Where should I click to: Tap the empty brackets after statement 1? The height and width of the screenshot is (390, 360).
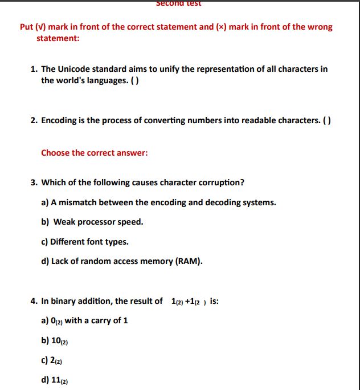point(135,80)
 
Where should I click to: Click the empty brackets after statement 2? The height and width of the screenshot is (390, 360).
point(327,120)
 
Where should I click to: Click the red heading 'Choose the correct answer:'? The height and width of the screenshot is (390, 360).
point(95,153)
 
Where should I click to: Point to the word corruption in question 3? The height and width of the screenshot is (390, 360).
point(221,182)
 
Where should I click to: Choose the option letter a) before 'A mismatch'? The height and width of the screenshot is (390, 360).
point(46,202)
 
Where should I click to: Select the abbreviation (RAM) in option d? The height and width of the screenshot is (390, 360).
point(190,261)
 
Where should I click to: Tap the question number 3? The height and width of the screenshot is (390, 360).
point(34,182)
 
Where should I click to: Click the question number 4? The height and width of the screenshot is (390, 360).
point(34,301)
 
